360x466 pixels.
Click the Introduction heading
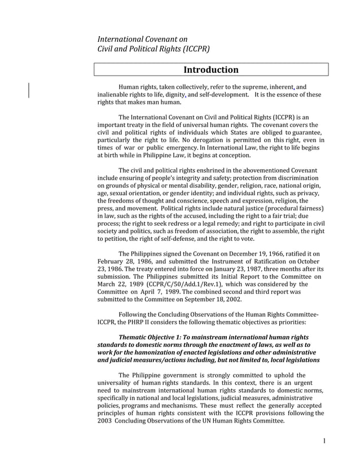click(x=211, y=70)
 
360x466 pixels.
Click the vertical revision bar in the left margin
click(x=29, y=90)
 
